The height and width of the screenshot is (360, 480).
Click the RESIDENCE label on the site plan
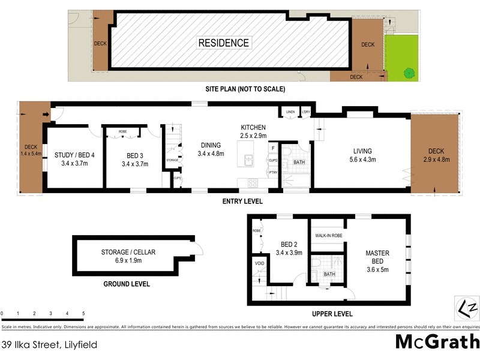tap(224, 43)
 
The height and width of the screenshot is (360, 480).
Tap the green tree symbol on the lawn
tap(409, 73)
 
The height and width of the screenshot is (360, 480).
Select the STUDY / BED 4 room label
tap(75, 159)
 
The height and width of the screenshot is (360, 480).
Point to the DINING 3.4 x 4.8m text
tap(211, 149)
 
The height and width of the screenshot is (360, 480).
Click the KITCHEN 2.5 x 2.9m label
tap(254, 132)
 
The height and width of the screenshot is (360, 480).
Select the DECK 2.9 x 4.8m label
tap(436, 155)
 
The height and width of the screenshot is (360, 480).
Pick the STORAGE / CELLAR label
tap(128, 256)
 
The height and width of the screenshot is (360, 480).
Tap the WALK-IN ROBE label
tap(328, 236)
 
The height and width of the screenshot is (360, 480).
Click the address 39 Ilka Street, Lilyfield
tap(49, 344)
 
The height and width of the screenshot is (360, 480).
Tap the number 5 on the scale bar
tap(83, 314)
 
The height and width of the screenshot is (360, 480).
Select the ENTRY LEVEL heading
tap(243, 202)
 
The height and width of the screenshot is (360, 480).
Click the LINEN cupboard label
tap(290, 112)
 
